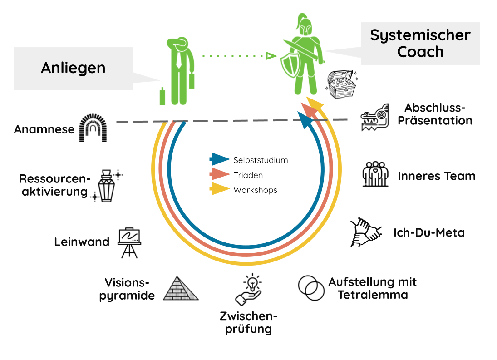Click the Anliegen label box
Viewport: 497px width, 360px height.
pyautogui.click(x=73, y=68)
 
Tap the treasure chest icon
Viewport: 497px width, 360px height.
pyautogui.click(x=341, y=85)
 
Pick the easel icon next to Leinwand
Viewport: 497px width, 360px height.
pyautogui.click(x=129, y=242)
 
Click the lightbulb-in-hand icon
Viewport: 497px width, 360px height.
pyautogui.click(x=249, y=289)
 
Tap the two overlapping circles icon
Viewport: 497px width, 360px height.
pyautogui.click(x=311, y=287)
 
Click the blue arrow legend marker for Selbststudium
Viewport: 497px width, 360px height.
pyautogui.click(x=220, y=159)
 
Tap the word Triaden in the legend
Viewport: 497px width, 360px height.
pyautogui.click(x=248, y=175)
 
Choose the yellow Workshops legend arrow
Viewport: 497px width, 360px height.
pyautogui.click(x=220, y=189)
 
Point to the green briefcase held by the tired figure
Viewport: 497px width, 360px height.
pyautogui.click(x=192, y=80)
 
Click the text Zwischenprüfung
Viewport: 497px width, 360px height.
pyautogui.click(x=248, y=322)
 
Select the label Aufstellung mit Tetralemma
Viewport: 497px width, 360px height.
pyautogui.click(x=372, y=288)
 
